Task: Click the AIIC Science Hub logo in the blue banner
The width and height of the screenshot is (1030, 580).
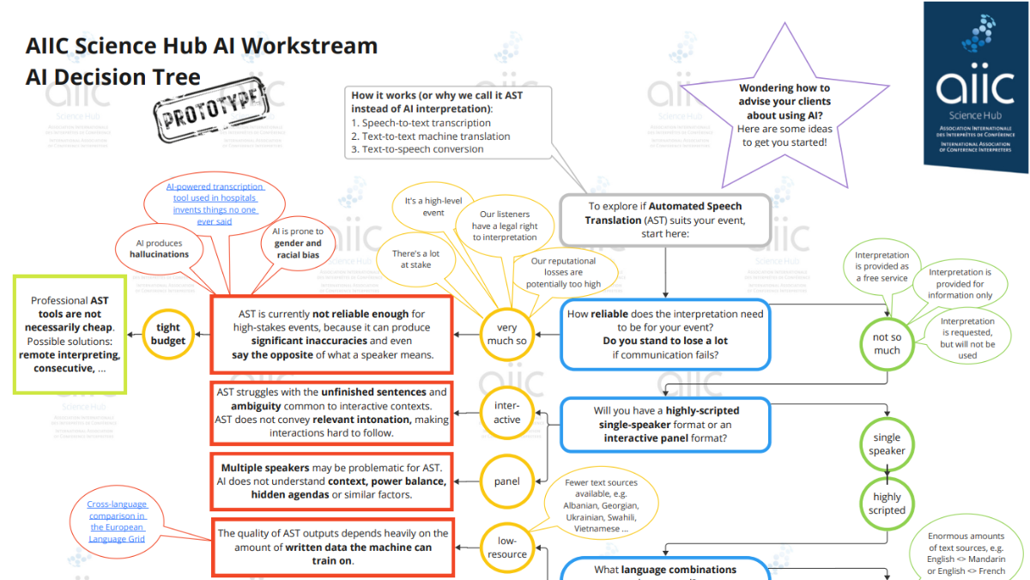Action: [976, 86]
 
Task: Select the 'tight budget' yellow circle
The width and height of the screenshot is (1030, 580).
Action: [168, 333]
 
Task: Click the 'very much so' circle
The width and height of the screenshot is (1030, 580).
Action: [506, 334]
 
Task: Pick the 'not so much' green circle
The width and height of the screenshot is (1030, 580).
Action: [887, 343]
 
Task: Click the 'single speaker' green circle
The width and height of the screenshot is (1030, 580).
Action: [887, 444]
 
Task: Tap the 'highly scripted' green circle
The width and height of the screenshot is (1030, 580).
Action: [887, 503]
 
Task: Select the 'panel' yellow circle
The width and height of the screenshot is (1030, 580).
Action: [506, 481]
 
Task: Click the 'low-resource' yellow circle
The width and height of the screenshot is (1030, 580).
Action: [506, 547]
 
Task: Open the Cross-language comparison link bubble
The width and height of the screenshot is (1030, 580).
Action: [117, 521]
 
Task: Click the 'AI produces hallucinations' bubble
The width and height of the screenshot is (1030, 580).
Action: [159, 248]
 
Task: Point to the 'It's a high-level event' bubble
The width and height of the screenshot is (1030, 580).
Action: [433, 207]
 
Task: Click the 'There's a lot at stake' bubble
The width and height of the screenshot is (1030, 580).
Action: [417, 259]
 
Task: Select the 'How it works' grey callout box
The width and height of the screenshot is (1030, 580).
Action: [448, 122]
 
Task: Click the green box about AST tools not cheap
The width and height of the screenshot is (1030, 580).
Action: [70, 335]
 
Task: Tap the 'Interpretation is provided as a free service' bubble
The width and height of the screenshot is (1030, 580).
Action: [882, 266]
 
